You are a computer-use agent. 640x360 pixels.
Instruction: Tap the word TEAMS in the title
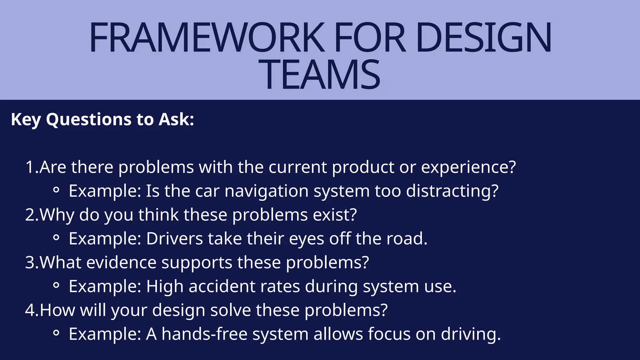click(x=323, y=75)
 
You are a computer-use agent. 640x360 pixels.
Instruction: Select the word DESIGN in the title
click(x=483, y=38)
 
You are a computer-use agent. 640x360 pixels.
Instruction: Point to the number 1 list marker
click(x=30, y=167)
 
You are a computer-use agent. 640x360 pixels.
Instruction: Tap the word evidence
click(x=121, y=262)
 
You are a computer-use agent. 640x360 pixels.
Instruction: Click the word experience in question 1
click(x=468, y=167)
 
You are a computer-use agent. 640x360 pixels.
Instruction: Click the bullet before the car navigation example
click(x=56, y=190)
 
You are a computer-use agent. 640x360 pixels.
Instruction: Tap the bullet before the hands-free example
click(x=56, y=333)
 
